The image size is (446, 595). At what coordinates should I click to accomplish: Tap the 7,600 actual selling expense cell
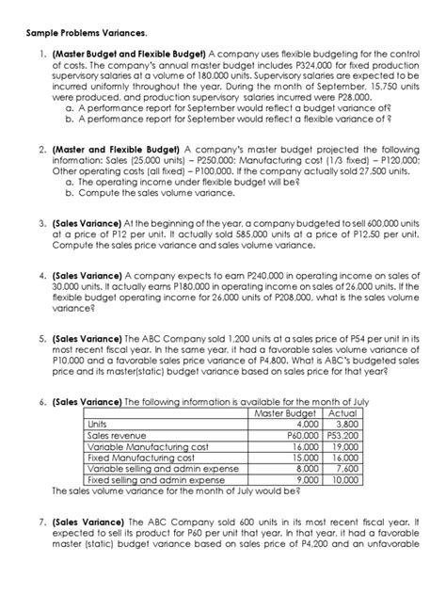pos(348,468)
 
